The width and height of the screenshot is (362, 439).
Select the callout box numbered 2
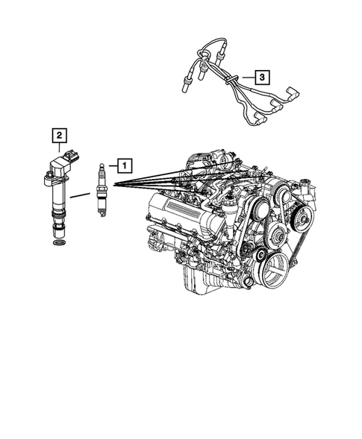[x=58, y=135]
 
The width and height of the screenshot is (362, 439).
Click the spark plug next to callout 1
[x=101, y=190]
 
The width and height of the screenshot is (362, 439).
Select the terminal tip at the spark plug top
[x=101, y=162]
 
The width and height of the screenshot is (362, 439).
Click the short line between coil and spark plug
[x=81, y=196]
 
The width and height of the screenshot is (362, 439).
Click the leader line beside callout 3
[x=246, y=76]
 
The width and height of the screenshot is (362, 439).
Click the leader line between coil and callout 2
[x=58, y=148]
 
